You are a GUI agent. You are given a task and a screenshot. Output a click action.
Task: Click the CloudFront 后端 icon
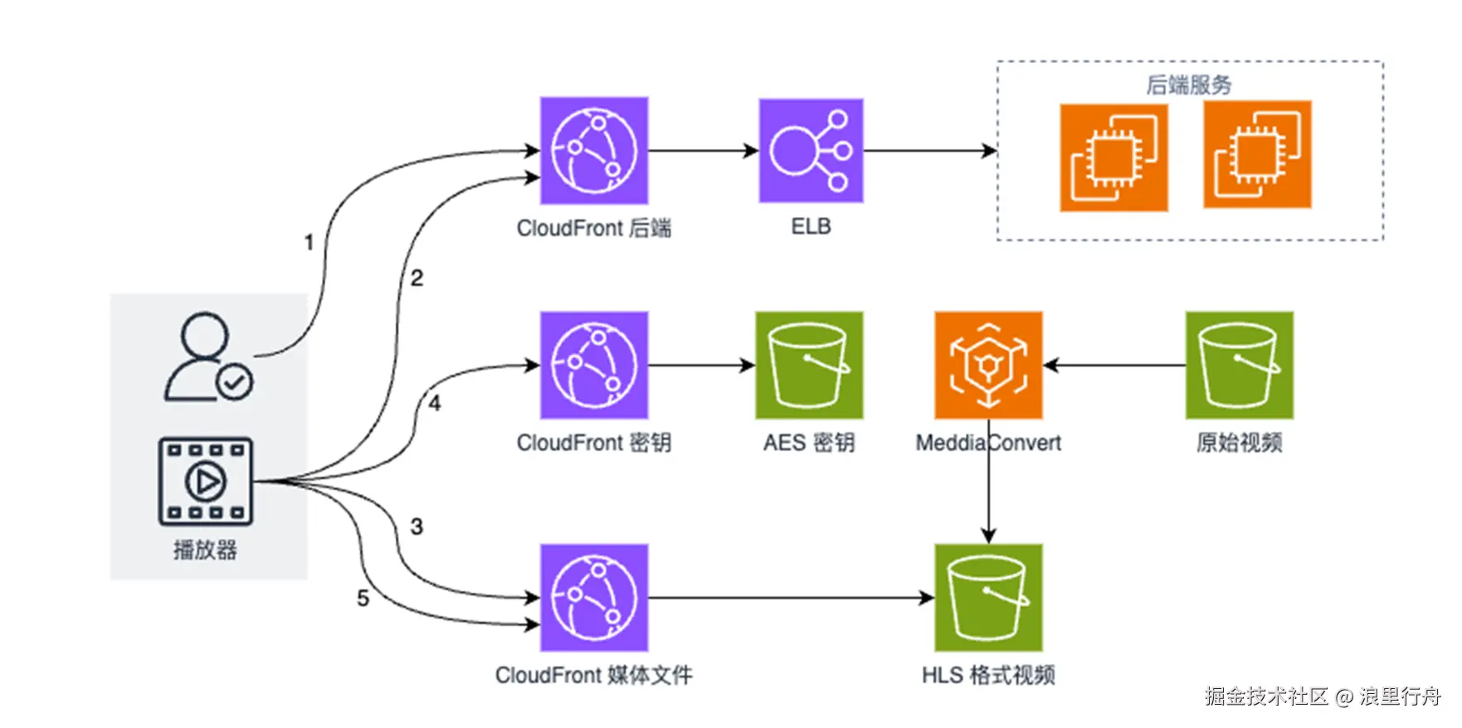tap(594, 151)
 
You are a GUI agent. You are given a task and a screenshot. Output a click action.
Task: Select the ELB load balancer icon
tap(811, 151)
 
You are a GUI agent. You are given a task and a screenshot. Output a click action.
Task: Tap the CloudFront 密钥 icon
tap(594, 365)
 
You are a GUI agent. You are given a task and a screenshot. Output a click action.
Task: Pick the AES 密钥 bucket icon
tap(809, 365)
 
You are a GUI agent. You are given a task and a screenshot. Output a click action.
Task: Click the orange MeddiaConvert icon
tap(988, 365)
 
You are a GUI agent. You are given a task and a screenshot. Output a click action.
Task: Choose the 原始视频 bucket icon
tap(1239, 365)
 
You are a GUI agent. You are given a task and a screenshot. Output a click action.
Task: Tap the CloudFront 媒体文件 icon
tap(594, 597)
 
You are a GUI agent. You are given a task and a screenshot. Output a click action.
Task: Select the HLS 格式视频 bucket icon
tap(988, 597)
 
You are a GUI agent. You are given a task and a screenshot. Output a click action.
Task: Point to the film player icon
tap(206, 481)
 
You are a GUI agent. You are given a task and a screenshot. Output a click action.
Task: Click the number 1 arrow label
tap(309, 242)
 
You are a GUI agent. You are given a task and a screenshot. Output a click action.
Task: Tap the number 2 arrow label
tap(417, 278)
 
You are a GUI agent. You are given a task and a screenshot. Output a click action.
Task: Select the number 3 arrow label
tap(417, 527)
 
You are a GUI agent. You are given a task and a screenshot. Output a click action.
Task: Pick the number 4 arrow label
tap(435, 404)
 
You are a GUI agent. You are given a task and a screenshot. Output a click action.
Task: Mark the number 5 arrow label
tap(363, 598)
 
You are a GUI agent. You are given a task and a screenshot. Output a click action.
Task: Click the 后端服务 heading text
tap(1189, 85)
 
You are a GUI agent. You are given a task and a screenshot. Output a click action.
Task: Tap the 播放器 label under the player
tap(205, 550)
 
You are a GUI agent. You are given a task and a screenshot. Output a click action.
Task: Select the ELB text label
tap(811, 226)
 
